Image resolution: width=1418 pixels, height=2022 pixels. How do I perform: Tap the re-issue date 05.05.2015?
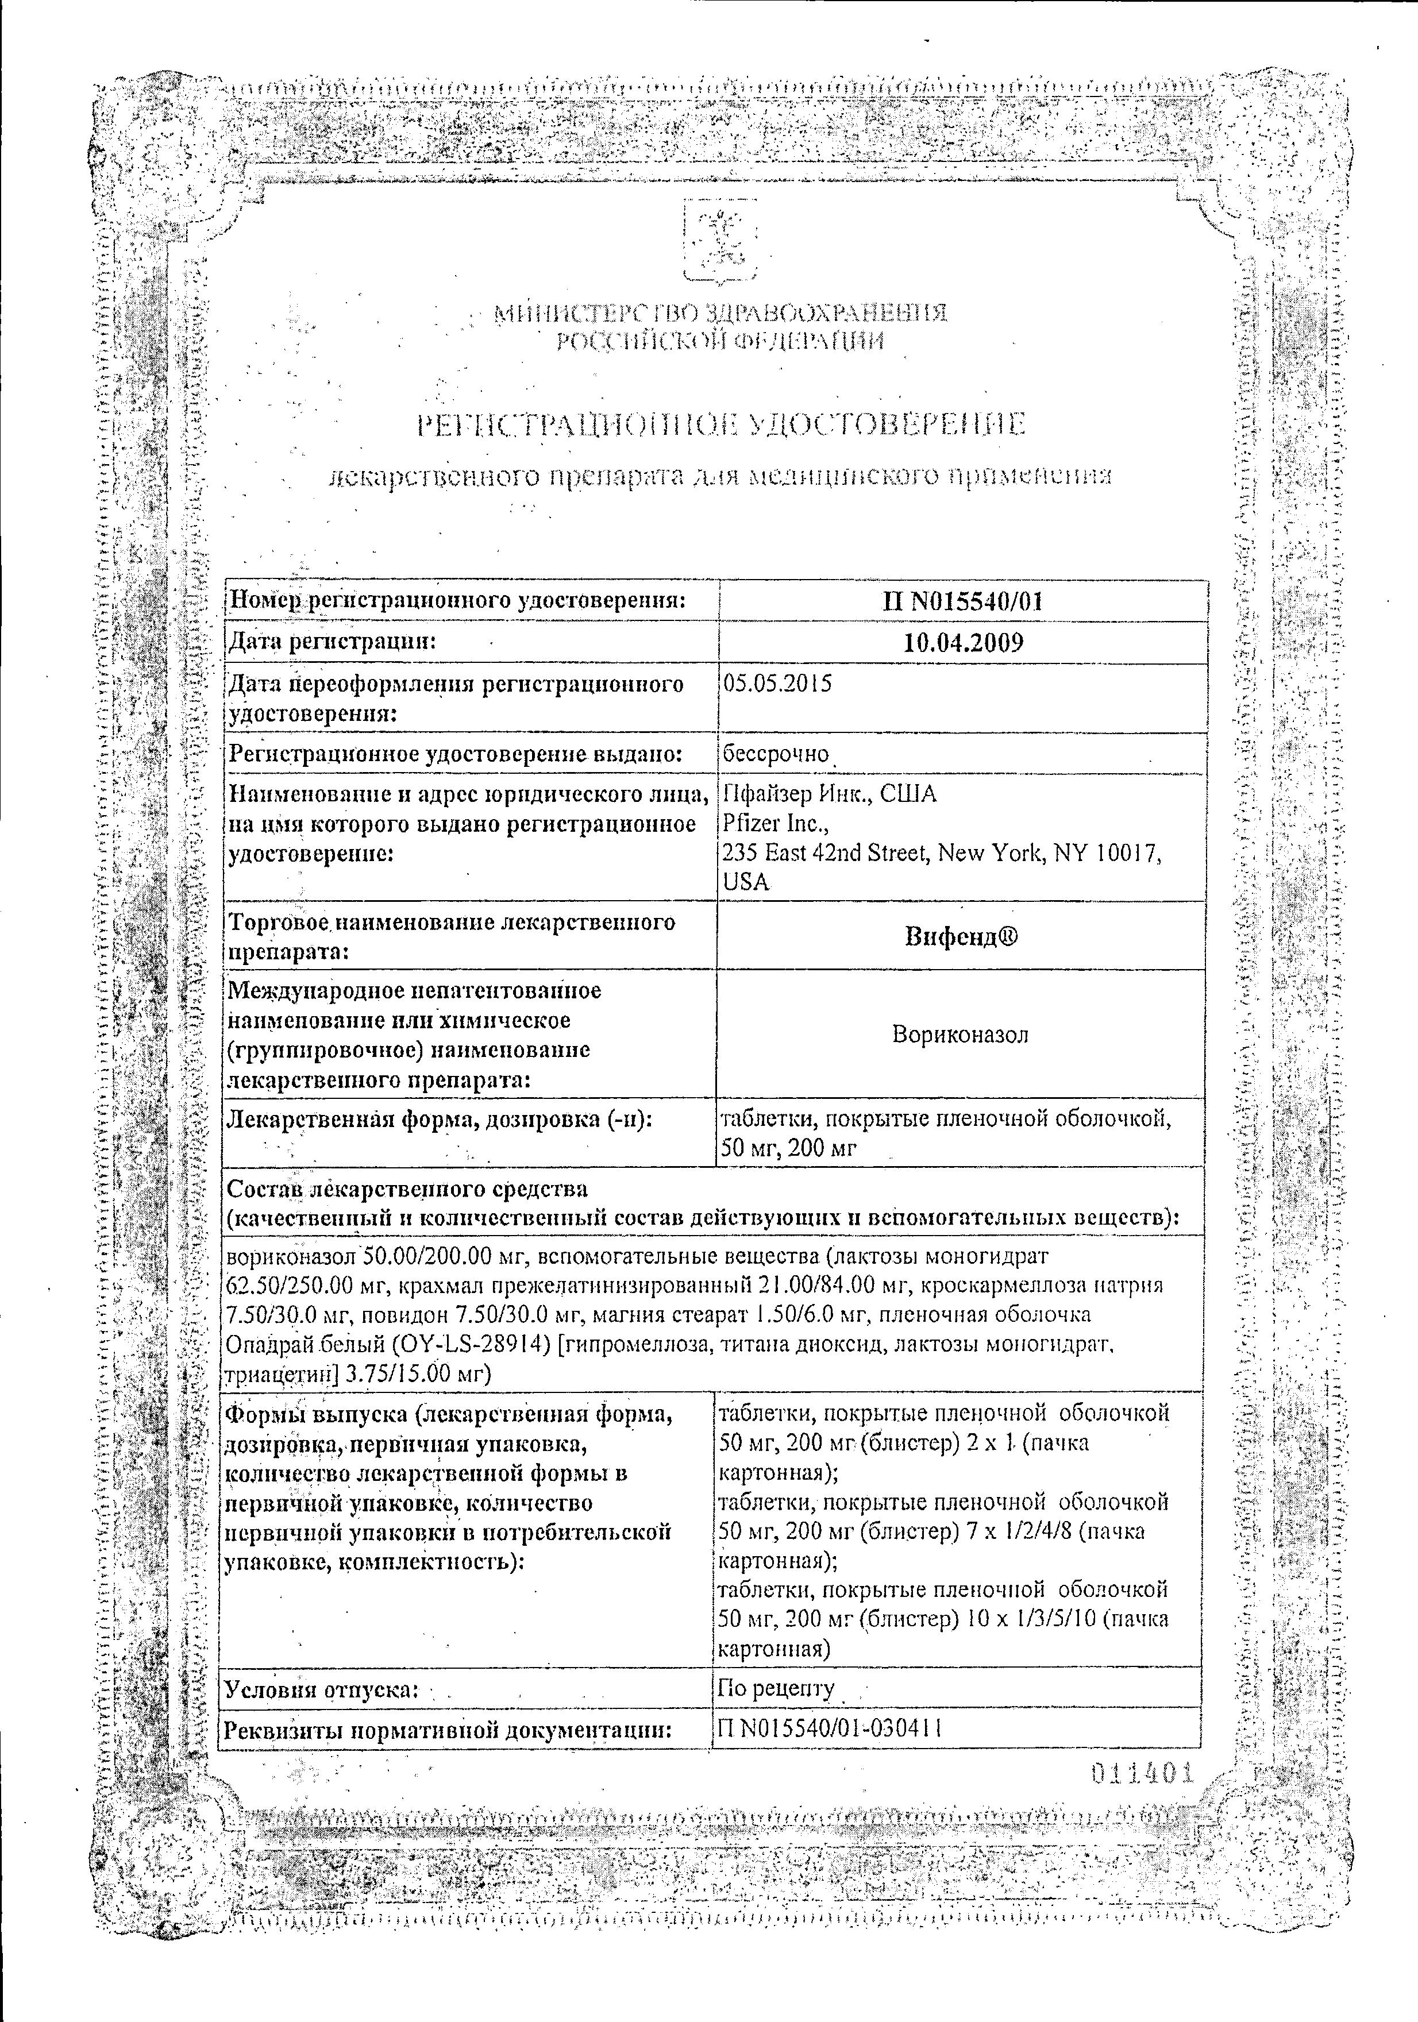coord(777,684)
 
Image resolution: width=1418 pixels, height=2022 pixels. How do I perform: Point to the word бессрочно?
coord(775,754)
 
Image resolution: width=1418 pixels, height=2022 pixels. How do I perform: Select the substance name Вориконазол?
coord(960,1034)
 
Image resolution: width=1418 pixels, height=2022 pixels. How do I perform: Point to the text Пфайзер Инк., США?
coord(829,794)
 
